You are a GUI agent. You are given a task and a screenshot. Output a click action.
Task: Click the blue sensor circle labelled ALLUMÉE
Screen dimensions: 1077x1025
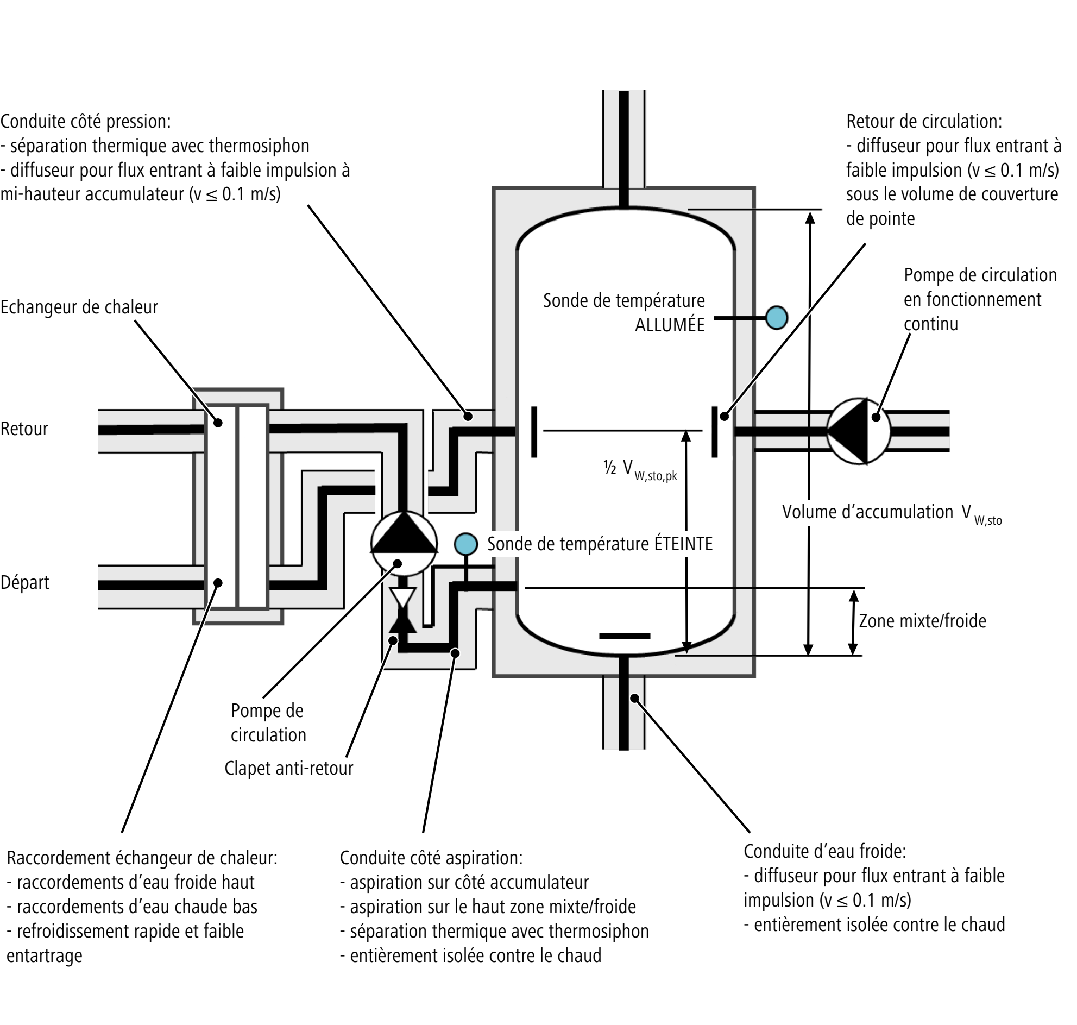tap(776, 317)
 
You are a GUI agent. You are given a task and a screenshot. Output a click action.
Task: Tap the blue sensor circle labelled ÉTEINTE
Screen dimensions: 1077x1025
tap(465, 544)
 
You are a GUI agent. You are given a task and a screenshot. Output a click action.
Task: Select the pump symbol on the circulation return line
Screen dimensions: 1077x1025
tap(858, 431)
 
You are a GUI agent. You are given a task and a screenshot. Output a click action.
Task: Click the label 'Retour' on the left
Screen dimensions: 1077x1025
tap(24, 429)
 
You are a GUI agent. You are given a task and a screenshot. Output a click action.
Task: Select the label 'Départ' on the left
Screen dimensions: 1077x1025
tap(24, 583)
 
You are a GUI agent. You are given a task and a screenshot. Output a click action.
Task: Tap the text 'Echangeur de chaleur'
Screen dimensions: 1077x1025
tap(79, 307)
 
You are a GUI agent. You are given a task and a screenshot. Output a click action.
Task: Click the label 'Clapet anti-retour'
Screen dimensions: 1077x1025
tap(288, 768)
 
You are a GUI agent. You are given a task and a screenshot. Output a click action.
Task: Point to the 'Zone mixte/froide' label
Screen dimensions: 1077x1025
tap(922, 621)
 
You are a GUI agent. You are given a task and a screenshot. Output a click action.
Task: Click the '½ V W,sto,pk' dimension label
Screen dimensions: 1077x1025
tap(640, 470)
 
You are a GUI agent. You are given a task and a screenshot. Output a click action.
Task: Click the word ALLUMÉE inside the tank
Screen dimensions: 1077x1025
tap(669, 325)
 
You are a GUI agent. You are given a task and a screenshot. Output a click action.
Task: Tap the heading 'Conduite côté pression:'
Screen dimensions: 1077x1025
tap(85, 121)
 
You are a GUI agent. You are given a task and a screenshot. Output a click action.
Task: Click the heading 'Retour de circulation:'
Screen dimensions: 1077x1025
tap(924, 121)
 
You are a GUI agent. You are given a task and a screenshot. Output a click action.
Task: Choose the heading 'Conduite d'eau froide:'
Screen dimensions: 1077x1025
tap(825, 851)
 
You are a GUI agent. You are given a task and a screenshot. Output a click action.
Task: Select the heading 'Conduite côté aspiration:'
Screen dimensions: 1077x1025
tap(431, 858)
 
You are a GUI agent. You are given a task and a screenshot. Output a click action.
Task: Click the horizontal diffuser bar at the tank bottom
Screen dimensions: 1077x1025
tap(625, 636)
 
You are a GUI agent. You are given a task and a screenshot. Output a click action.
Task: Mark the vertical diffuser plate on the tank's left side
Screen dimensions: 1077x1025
tap(534, 431)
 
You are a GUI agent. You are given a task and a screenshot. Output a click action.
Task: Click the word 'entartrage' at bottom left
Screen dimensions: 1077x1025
tap(44, 955)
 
